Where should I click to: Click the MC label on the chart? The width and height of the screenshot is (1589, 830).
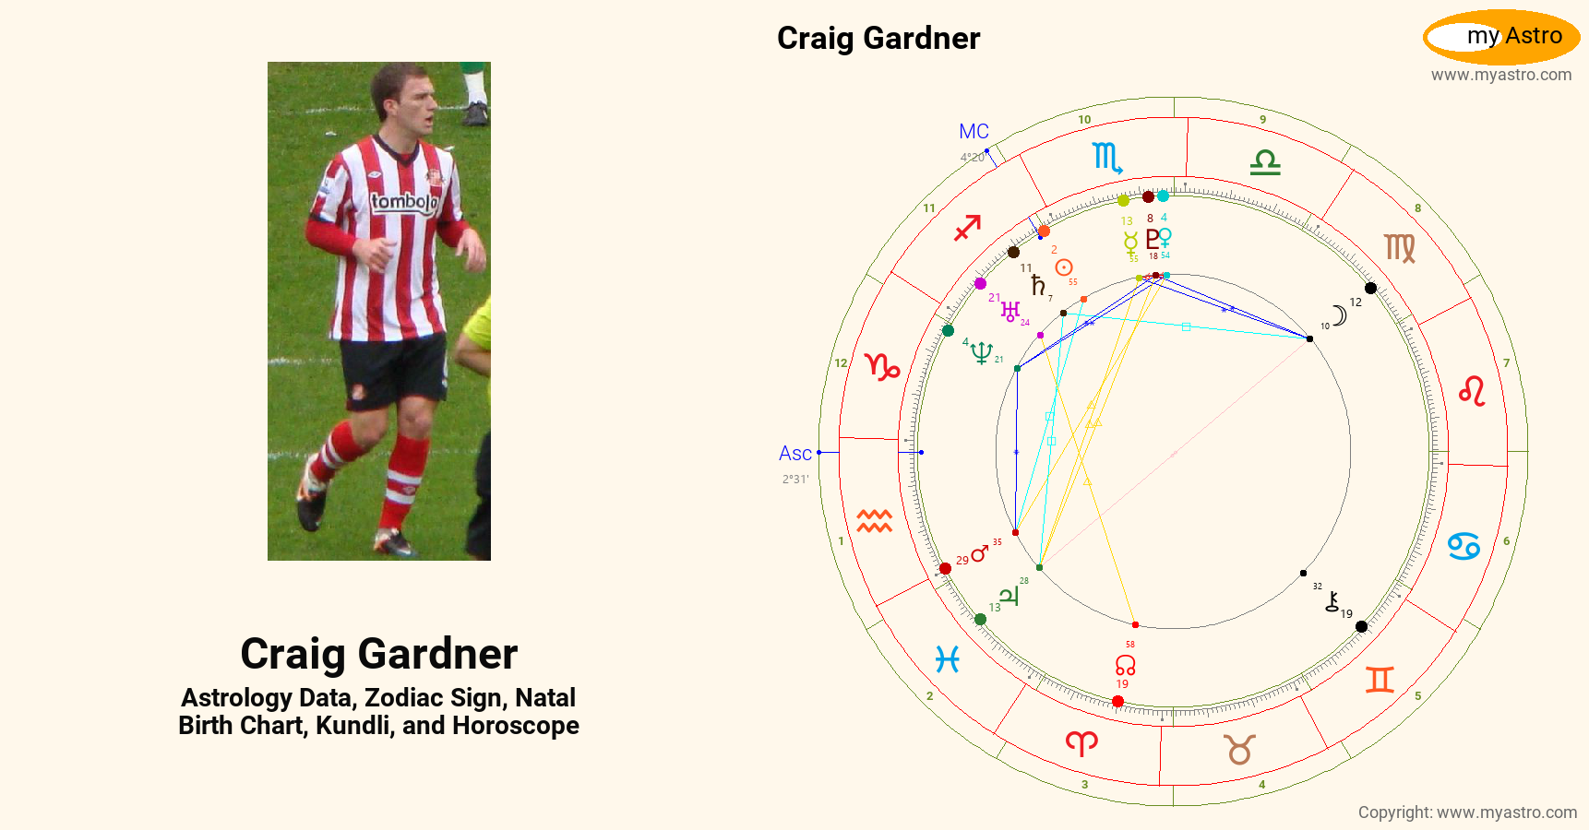click(974, 132)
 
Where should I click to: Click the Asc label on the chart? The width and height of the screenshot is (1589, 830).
click(794, 454)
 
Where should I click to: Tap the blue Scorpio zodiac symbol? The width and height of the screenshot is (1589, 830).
click(1106, 158)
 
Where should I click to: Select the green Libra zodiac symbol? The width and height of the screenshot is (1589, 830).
click(1265, 163)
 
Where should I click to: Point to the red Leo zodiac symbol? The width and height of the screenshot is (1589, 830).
click(1472, 391)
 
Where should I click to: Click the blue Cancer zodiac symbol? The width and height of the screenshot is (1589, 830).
click(1464, 546)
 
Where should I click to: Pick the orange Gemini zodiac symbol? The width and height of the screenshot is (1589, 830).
click(1380, 680)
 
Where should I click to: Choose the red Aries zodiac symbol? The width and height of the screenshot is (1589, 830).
click(1081, 742)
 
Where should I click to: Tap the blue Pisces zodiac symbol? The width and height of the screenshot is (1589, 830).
click(947, 659)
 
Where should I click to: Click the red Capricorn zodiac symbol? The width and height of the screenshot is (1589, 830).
click(882, 367)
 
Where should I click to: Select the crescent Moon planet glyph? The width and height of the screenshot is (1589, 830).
click(1340, 315)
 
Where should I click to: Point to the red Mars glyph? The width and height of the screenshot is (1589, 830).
click(980, 553)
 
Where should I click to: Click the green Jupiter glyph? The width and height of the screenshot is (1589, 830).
click(1010, 597)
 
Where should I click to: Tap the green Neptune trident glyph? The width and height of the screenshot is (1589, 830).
click(981, 352)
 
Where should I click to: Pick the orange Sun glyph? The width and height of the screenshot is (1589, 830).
click(1064, 267)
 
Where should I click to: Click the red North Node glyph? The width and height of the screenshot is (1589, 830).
click(1125, 664)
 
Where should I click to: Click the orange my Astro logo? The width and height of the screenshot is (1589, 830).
click(1501, 37)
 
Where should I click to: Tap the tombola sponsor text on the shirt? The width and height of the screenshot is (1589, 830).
click(403, 202)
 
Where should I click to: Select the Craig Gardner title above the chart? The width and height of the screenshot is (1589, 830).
click(878, 39)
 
